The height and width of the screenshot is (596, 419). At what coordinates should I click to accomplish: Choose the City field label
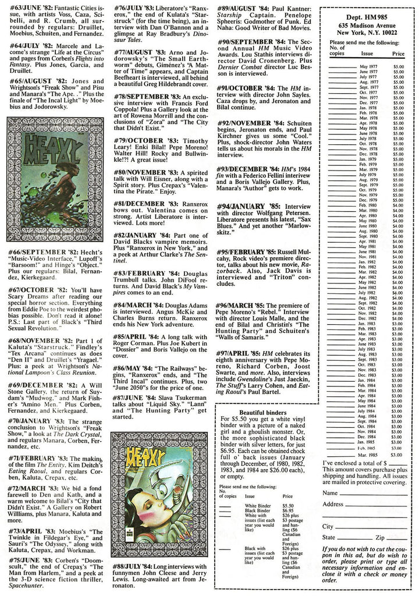coord(327,526)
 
